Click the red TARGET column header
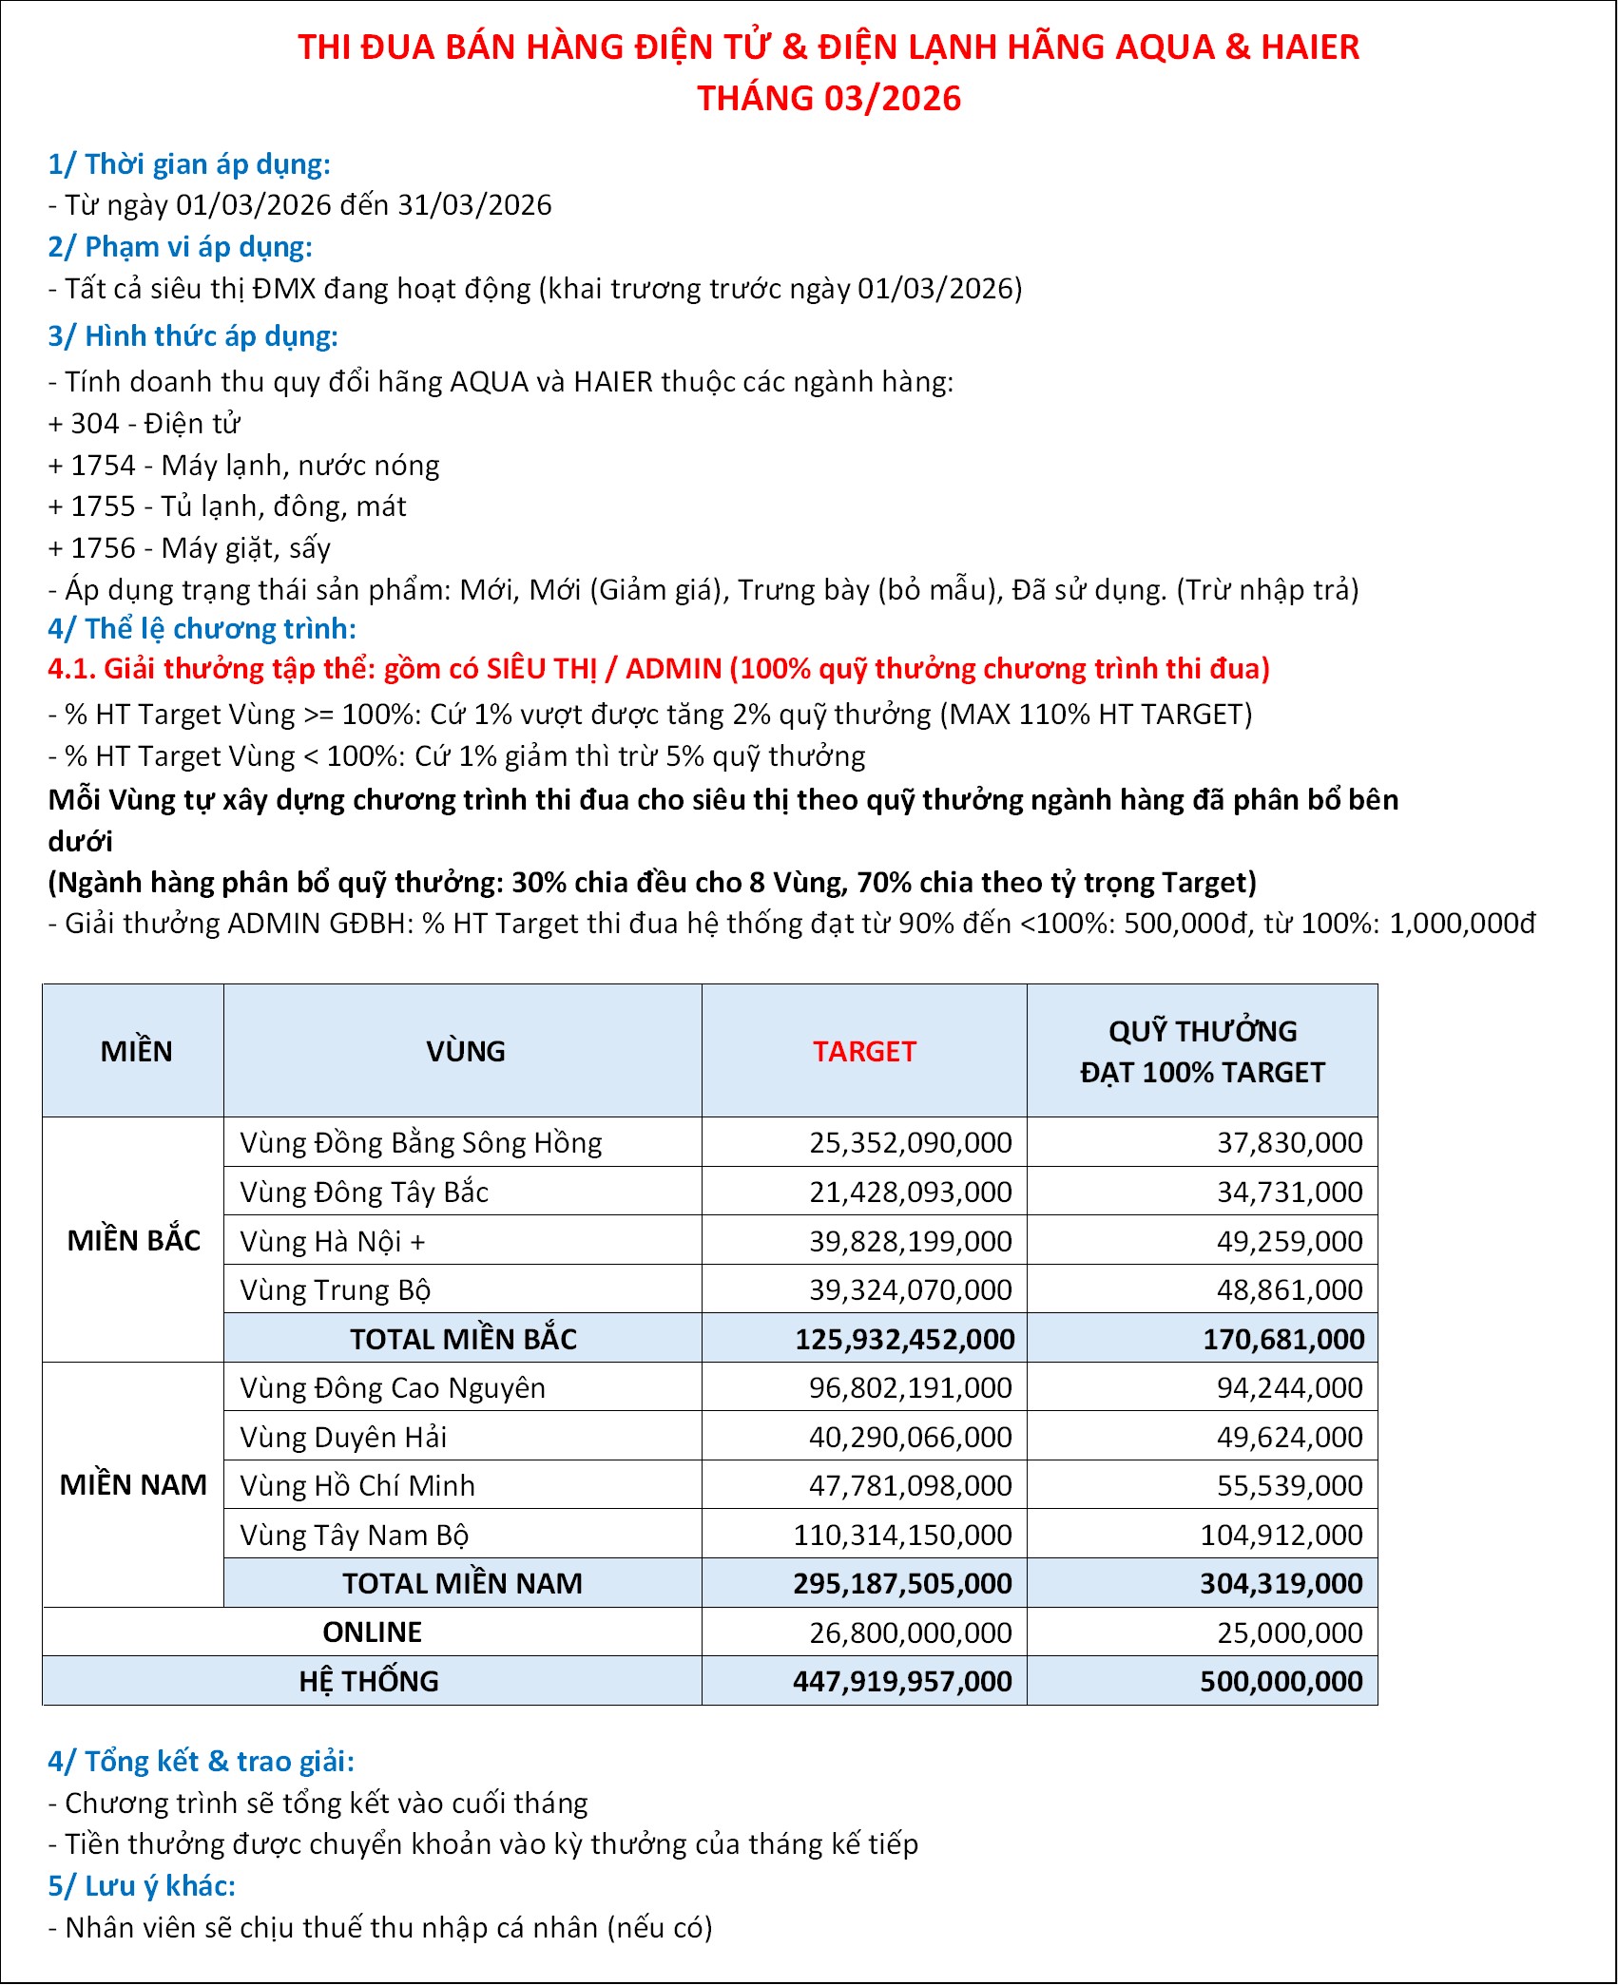point(863,1051)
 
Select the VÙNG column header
point(465,1051)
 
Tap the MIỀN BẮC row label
point(133,1240)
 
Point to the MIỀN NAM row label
point(133,1484)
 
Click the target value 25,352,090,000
point(910,1142)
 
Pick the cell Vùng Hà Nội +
point(333,1241)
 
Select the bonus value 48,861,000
point(1289,1289)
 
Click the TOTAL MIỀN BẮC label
point(463,1339)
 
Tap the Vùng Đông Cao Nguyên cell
point(393,1387)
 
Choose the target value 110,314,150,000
point(902,1535)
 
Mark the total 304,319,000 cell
point(1281,1583)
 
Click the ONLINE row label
point(372,1632)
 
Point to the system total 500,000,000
point(1281,1681)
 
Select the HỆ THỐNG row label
point(369,1681)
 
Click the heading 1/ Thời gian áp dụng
point(189,164)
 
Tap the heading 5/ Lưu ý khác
point(142,1885)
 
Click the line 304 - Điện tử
point(144,423)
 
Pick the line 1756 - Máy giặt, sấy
point(189,547)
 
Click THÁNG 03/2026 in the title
point(829,98)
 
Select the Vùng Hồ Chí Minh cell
point(357,1485)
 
